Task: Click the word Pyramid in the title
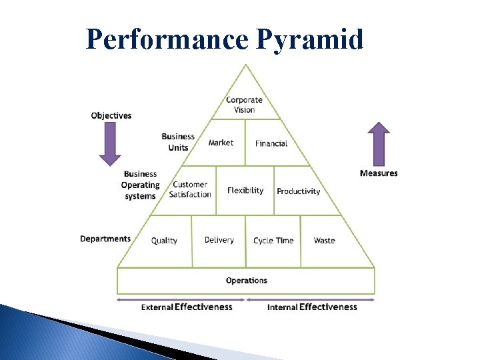click(310, 39)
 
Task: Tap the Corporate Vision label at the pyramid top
click(244, 105)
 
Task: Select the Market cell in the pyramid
click(221, 143)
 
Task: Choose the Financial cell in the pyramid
click(271, 143)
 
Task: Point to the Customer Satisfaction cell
click(190, 189)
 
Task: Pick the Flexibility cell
click(245, 191)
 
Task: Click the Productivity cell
click(298, 191)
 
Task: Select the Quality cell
click(164, 240)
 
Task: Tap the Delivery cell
click(219, 240)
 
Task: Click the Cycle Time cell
click(273, 240)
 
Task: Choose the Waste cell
click(325, 240)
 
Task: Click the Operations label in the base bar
click(246, 281)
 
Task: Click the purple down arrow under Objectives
click(111, 143)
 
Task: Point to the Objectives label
click(111, 115)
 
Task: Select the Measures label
click(379, 173)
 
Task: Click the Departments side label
click(105, 239)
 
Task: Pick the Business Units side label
click(178, 142)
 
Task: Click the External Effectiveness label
click(187, 307)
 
